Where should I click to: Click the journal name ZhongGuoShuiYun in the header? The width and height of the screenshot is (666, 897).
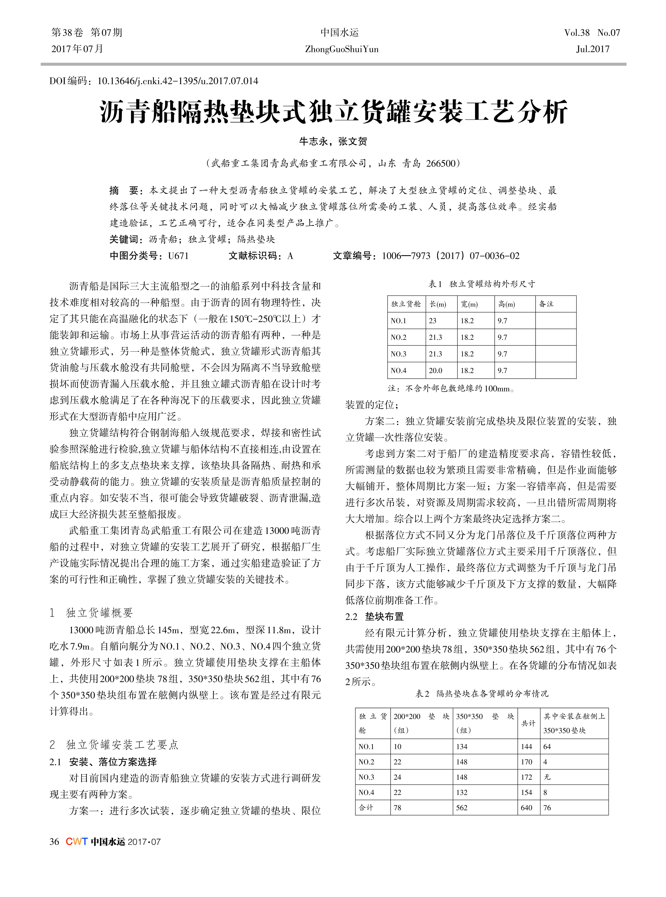pos(341,49)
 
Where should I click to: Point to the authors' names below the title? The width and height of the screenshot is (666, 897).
pos(333,141)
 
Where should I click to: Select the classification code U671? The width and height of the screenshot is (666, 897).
pos(178,256)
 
